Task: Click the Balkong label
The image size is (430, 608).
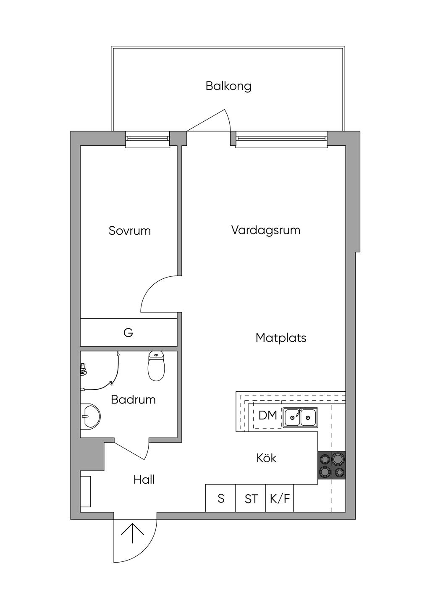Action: (228, 86)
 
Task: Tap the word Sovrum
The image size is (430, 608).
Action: (129, 231)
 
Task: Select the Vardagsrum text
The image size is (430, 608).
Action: (266, 231)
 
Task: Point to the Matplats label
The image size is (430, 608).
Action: (281, 338)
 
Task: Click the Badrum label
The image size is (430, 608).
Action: (133, 400)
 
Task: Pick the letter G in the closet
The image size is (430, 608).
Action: (128, 333)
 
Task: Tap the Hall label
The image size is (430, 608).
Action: (144, 480)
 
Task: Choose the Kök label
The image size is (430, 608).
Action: (266, 458)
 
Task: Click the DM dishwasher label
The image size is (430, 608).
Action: (267, 415)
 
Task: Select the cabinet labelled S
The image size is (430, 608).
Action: (220, 498)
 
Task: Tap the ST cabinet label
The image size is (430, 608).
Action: (251, 499)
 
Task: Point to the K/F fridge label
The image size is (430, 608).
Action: (280, 499)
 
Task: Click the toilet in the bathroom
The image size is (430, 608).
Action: (156, 366)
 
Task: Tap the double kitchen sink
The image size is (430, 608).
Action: (300, 417)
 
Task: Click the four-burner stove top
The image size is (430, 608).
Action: (331, 465)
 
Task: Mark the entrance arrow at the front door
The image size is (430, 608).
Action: (132, 533)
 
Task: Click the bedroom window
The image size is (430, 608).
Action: (147, 139)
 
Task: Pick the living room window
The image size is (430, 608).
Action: (281, 139)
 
